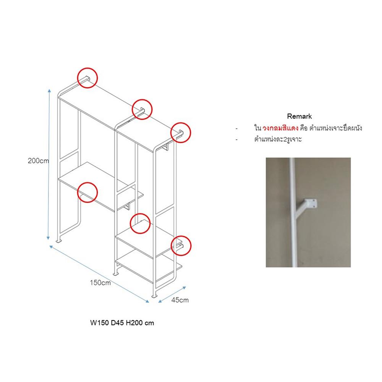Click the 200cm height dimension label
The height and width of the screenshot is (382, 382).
(38, 161)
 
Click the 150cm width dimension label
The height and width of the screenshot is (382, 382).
(100, 283)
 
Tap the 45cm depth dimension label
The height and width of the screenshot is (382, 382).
(180, 300)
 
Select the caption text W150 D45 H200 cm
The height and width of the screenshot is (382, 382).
(122, 323)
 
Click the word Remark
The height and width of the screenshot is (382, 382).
(299, 116)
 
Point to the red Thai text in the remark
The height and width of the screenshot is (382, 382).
(280, 128)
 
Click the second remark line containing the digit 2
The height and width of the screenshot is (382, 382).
(278, 139)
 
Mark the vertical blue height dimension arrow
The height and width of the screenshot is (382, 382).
(49, 164)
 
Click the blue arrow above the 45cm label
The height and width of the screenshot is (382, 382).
(172, 295)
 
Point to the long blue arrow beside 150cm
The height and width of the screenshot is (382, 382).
(99, 274)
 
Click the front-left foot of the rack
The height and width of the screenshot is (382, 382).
(59, 241)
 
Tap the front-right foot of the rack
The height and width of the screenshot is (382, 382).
(154, 296)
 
